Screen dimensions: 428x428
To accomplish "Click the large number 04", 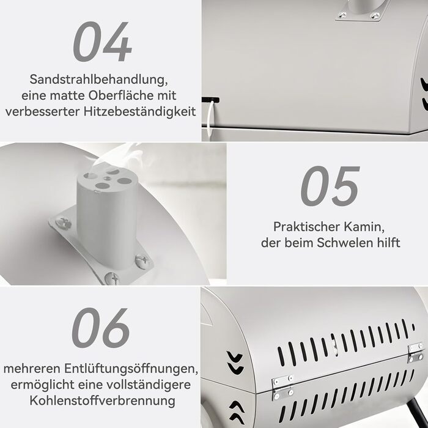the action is tap(103, 42).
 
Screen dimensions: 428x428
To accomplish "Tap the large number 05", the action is tap(330, 186).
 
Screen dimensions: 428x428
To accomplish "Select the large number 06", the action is tap(100, 328).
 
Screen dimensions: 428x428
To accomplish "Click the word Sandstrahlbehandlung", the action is tap(98, 79).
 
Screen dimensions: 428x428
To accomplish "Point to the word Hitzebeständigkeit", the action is tap(140, 111).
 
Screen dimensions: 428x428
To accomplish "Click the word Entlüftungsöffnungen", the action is tap(131, 369).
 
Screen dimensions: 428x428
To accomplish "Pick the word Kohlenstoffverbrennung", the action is tap(102, 400).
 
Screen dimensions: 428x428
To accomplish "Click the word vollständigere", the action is tap(149, 385).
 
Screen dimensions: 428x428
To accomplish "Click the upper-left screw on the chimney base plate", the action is tap(63, 223).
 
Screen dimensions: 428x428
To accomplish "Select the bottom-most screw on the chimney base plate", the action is tap(112, 278).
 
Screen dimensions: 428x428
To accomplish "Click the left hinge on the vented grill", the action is tap(282, 387).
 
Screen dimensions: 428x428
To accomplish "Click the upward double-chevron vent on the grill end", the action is tap(237, 413).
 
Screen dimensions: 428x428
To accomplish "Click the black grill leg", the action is tap(416, 413).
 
